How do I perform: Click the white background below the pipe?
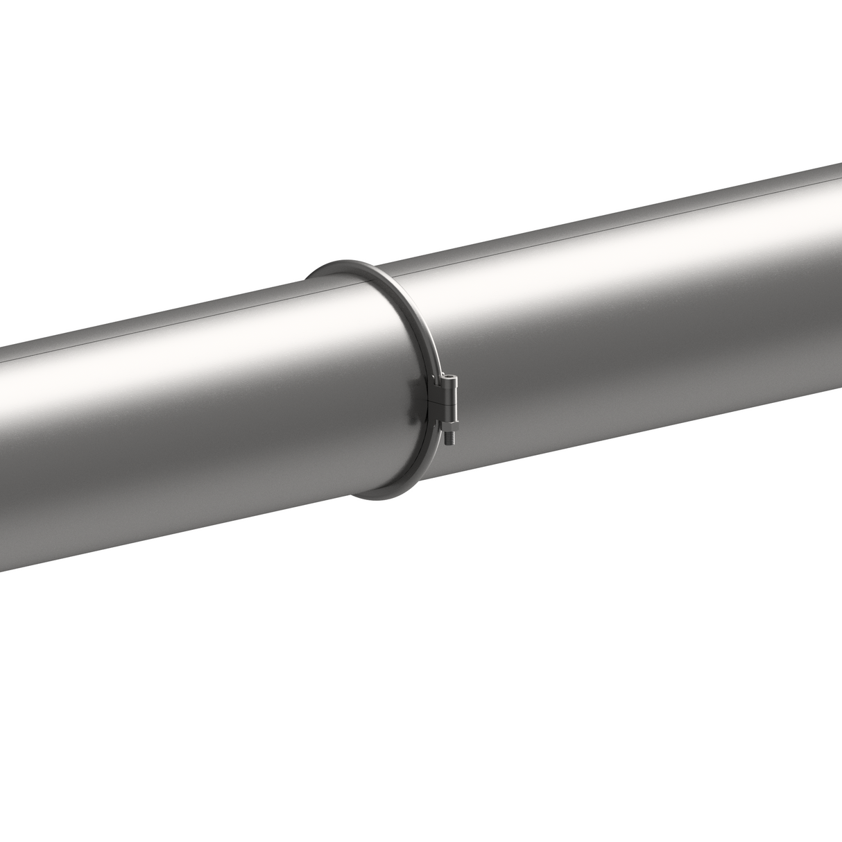click(x=416, y=694)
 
